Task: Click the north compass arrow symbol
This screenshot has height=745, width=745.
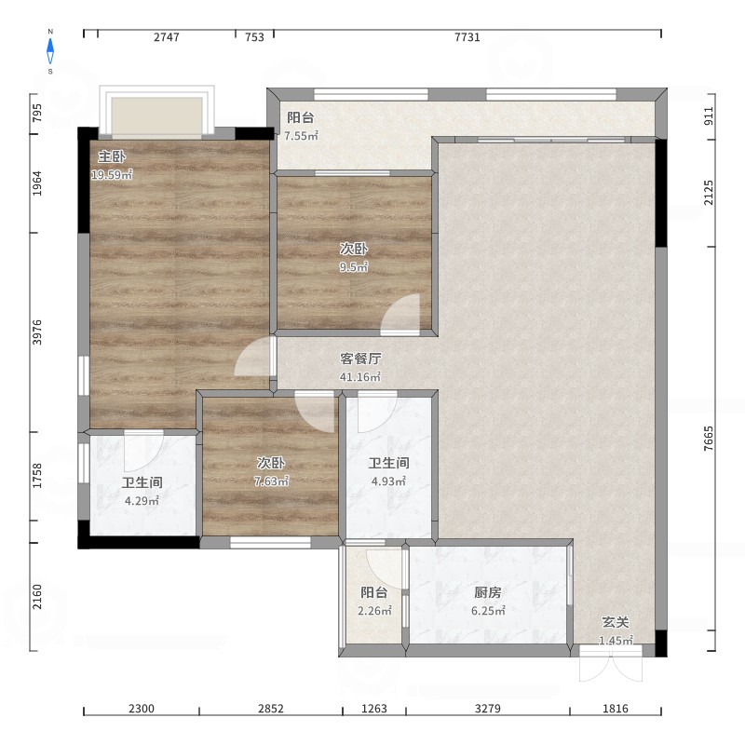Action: [50, 51]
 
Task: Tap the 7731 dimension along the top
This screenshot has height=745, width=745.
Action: [467, 37]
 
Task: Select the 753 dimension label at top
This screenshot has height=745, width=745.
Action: [254, 37]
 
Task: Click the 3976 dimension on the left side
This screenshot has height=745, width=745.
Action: [37, 332]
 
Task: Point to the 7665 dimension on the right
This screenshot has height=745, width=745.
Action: [708, 439]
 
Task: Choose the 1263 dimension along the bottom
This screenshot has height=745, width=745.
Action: [374, 709]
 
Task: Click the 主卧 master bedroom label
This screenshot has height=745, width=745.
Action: [112, 156]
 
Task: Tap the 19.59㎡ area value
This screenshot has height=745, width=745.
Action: [112, 174]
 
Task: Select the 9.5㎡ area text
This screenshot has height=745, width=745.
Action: [354, 266]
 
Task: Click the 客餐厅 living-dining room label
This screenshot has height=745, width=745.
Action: [360, 359]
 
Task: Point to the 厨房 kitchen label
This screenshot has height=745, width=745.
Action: [487, 592]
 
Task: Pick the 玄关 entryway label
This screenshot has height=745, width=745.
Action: [616, 622]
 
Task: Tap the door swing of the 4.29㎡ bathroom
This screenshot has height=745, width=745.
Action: [143, 451]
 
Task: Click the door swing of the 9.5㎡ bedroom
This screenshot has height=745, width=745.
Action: [400, 315]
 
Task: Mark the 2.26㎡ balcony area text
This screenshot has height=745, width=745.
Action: [374, 611]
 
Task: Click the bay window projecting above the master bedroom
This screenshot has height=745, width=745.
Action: [156, 112]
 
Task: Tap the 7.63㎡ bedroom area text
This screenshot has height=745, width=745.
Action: [271, 481]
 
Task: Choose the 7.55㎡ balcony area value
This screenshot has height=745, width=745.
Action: [301, 135]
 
